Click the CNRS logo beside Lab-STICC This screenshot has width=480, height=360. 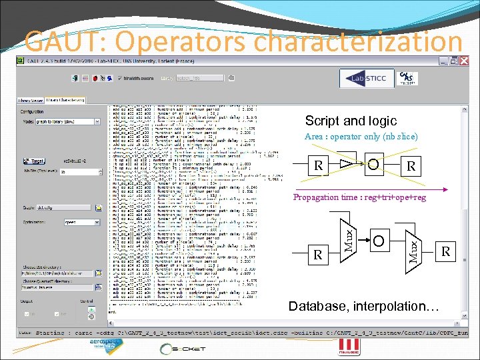[x=407, y=78]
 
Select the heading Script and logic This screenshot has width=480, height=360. [x=351, y=121]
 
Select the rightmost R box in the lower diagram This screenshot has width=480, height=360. [x=446, y=251]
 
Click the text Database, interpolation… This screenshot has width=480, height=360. [x=364, y=307]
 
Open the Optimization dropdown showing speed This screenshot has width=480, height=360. [x=81, y=222]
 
